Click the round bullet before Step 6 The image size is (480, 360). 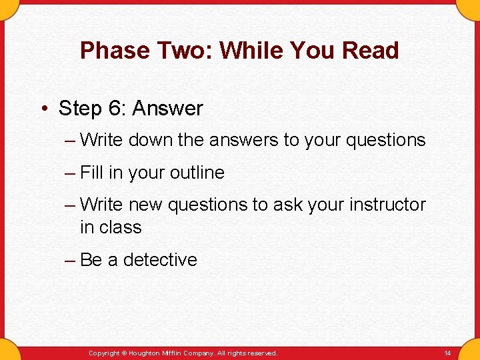[44, 109]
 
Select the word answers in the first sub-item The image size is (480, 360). [241, 140]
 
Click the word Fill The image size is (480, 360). [91, 173]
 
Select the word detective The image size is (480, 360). [160, 260]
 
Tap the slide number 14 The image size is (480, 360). [447, 353]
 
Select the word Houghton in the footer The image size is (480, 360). [145, 353]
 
